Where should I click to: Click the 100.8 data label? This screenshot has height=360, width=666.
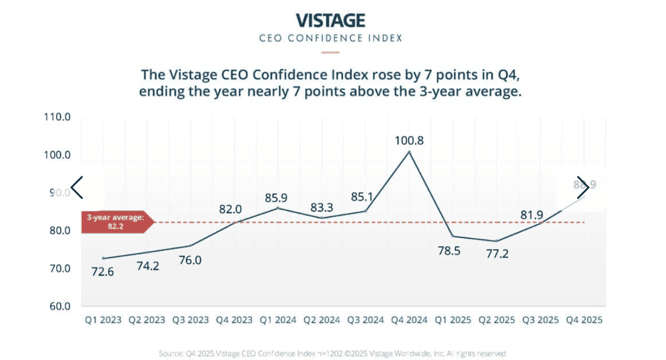[x=409, y=141]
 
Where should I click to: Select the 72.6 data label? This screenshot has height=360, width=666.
[x=103, y=272]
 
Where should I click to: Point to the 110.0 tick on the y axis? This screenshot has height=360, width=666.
[x=56, y=117]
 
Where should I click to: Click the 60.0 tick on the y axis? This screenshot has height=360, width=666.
[x=56, y=307]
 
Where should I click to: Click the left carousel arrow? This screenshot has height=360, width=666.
[x=77, y=189]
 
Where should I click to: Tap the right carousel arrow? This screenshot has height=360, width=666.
[x=583, y=189]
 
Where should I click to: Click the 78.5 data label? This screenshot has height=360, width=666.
[x=453, y=251]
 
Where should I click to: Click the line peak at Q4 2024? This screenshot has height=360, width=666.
[x=409, y=152]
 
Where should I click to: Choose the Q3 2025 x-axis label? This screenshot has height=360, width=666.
[x=539, y=320]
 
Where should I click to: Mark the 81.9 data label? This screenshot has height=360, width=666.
[x=539, y=214]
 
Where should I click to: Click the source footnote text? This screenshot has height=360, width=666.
[x=332, y=353]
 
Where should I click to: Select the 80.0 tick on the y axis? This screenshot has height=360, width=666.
[x=56, y=231]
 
